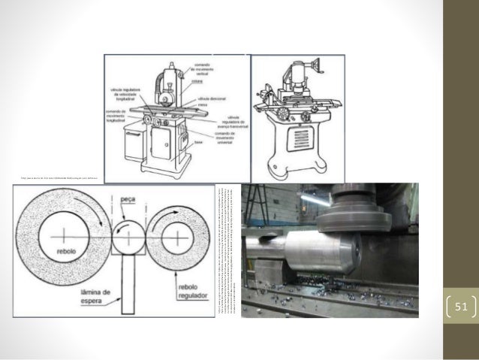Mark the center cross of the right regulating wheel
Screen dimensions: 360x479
point(177,235)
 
